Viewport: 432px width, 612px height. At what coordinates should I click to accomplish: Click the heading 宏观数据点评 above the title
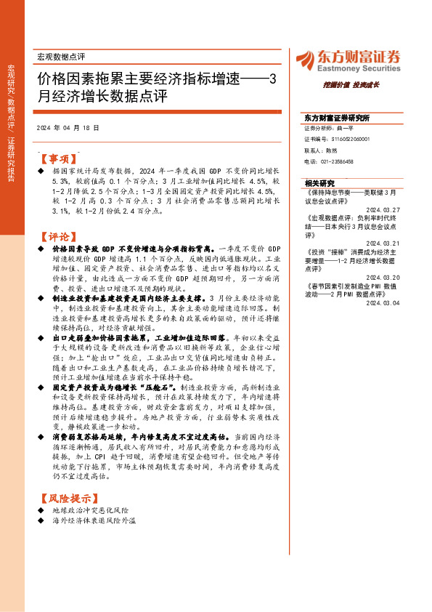coord(61,56)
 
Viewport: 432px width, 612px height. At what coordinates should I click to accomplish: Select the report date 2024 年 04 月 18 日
coord(68,127)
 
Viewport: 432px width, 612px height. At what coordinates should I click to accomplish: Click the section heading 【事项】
coord(57,157)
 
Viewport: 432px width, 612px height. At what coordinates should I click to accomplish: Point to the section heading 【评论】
coord(57,235)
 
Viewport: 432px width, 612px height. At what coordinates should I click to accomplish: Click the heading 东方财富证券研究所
coord(338,118)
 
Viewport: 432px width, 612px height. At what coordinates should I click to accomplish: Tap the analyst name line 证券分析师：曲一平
coord(328,127)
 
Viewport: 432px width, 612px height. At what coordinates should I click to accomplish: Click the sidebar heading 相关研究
coord(320,183)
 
